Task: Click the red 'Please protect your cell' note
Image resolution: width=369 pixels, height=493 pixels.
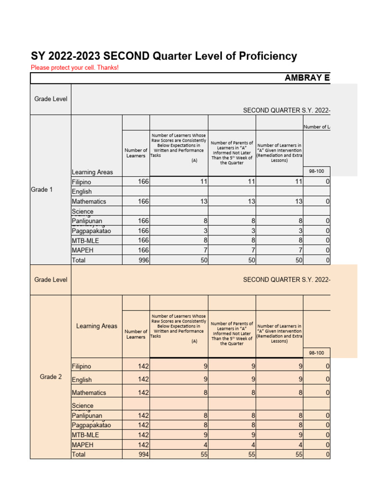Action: [74, 68]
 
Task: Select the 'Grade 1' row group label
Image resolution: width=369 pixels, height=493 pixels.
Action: [42, 190]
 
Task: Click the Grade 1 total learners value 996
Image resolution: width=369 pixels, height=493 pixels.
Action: [143, 260]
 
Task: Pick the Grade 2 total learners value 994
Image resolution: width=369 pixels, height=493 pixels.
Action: [143, 454]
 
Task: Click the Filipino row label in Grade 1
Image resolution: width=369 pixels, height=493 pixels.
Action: [81, 182]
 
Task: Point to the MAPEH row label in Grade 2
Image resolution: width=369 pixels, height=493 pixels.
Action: [82, 445]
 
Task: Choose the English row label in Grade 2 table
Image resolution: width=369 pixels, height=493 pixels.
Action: [82, 380]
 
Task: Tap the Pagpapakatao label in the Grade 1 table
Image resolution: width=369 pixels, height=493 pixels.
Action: [91, 231]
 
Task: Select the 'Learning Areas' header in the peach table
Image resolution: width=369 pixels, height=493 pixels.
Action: [97, 326]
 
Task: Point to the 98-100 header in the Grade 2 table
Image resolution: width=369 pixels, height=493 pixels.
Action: [316, 353]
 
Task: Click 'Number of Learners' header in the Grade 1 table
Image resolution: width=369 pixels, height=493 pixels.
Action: [136, 153]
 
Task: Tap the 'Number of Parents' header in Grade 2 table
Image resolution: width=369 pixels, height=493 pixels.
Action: [232, 334]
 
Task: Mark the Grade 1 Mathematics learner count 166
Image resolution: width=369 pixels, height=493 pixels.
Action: [143, 202]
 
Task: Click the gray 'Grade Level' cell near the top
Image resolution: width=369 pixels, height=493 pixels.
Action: [50, 99]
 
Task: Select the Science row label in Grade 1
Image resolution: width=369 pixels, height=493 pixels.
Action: [83, 211]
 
